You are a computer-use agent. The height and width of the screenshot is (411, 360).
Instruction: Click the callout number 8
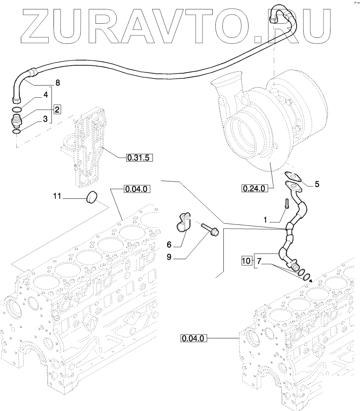click(x=58, y=83)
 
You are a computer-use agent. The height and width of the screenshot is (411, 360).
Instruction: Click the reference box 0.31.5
click(x=138, y=158)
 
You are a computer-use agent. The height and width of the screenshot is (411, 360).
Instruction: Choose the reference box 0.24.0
click(x=254, y=189)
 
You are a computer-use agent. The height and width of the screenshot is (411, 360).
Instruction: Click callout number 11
click(x=57, y=196)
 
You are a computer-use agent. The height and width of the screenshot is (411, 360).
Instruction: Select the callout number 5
click(x=317, y=184)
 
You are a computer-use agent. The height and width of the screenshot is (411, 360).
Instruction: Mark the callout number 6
click(x=169, y=245)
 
